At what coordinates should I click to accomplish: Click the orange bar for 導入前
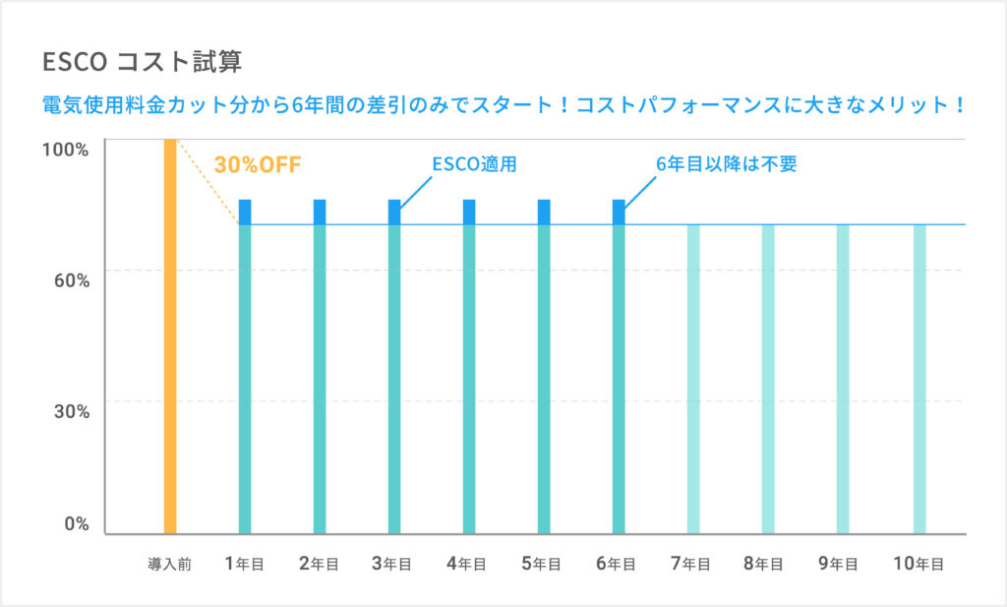(x=169, y=334)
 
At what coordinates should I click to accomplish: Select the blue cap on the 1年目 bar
(x=245, y=212)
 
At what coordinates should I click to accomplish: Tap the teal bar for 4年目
(x=469, y=379)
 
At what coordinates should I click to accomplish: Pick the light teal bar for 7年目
(x=693, y=379)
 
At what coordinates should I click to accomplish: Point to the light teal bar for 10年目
(x=919, y=379)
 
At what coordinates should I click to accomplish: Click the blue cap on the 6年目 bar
(x=619, y=212)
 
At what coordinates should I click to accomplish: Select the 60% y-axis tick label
(x=70, y=280)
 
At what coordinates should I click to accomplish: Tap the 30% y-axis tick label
(x=70, y=411)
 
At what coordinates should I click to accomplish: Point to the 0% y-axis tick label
(x=75, y=523)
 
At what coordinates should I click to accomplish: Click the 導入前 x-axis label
(x=169, y=565)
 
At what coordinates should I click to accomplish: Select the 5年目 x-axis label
(x=541, y=564)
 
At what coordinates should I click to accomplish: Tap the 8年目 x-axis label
(x=764, y=564)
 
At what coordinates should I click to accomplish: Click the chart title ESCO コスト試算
(x=143, y=62)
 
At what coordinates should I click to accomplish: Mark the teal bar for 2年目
(x=320, y=379)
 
